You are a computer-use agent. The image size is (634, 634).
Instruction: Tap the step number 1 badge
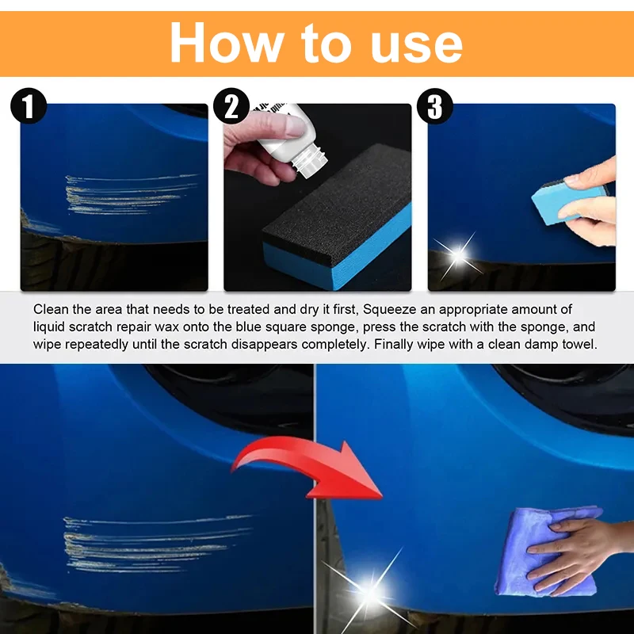coord(29,107)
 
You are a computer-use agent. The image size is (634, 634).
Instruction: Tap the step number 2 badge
coord(231,107)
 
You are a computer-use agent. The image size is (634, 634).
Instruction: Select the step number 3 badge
coord(434,107)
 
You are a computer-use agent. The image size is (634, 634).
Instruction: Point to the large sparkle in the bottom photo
coord(369,590)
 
